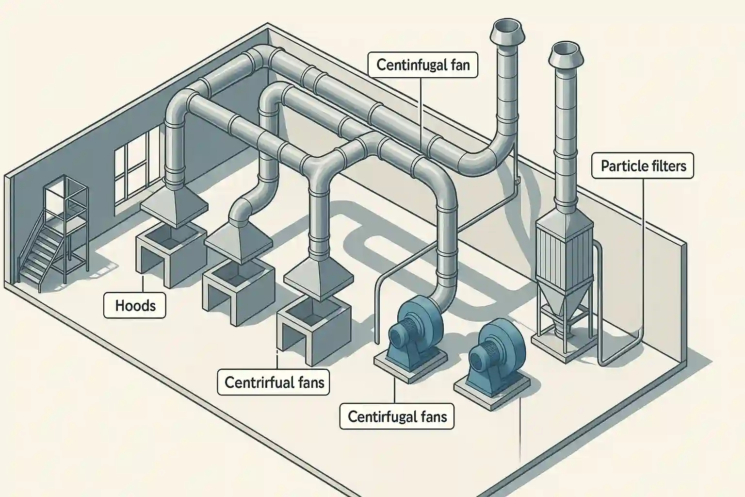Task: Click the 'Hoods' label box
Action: tap(135, 306)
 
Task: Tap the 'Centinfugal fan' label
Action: tap(423, 65)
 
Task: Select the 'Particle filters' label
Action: tap(643, 166)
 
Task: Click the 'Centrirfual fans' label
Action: tap(274, 382)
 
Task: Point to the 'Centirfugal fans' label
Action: tap(397, 416)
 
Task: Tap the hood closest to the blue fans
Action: tap(317, 274)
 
